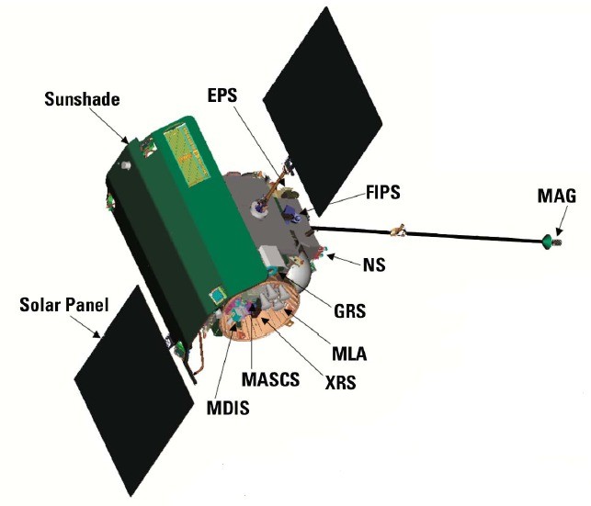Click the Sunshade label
[x=82, y=99]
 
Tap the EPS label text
[x=222, y=96]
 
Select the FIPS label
[x=383, y=192]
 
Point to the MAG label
[x=557, y=196]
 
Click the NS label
[x=374, y=264]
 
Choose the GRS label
[x=350, y=311]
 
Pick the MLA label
[x=349, y=354]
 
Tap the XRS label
[x=340, y=383]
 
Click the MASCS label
[x=270, y=379]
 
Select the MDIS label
[x=228, y=408]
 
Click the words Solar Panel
[x=64, y=305]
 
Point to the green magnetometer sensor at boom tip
[x=548, y=242]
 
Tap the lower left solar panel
[x=134, y=391]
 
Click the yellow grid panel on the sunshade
[x=187, y=156]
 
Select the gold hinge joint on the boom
[x=398, y=230]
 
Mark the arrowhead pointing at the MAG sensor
[x=559, y=231]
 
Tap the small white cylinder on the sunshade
[x=126, y=165]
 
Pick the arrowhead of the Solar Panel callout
[x=97, y=334]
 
